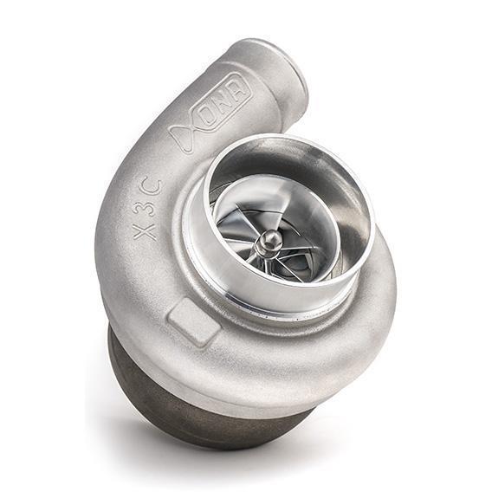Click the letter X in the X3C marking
point(146,230)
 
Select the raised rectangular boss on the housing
point(193,321)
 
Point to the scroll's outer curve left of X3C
point(108,217)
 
